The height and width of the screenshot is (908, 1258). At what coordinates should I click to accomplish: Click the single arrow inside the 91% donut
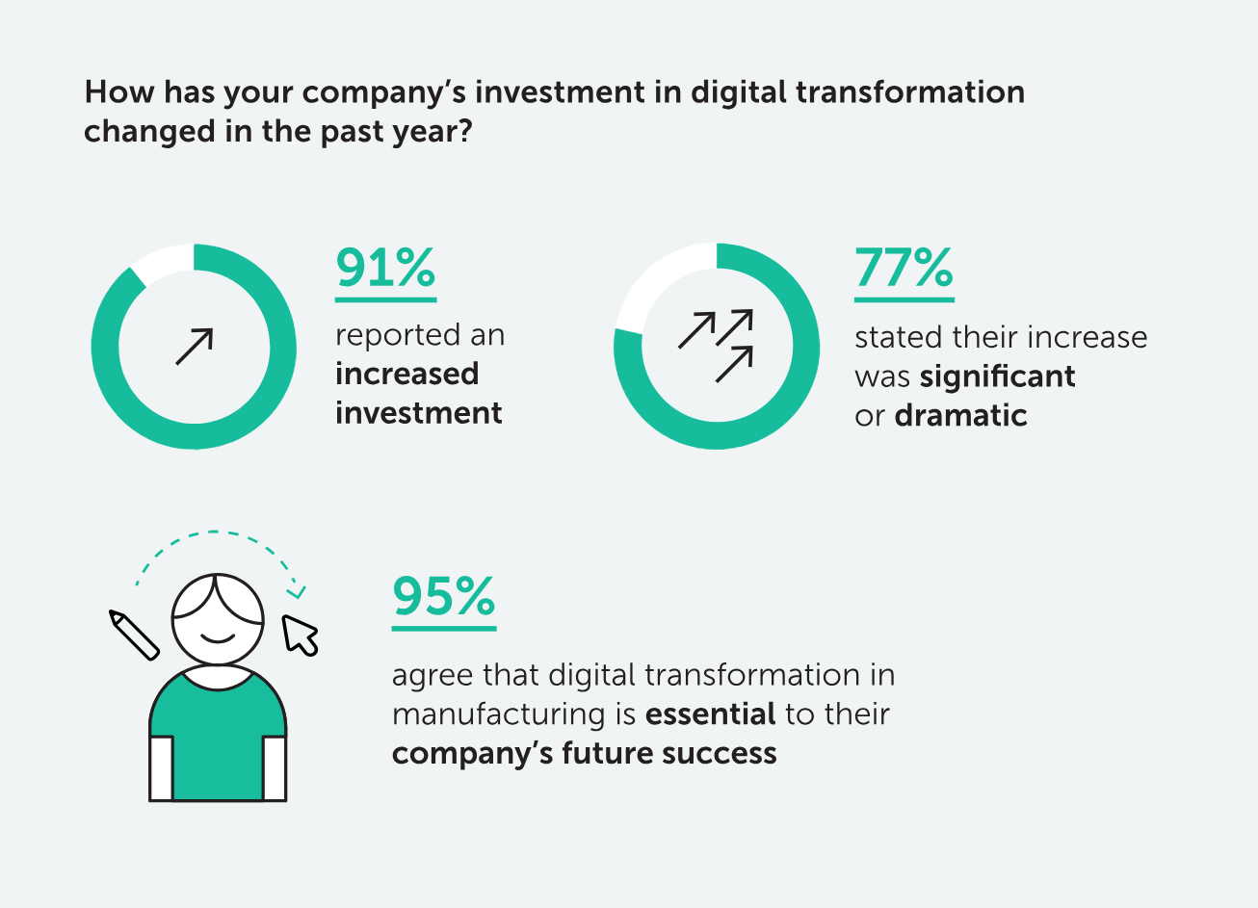click(195, 347)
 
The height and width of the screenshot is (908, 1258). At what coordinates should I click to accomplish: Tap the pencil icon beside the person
click(134, 636)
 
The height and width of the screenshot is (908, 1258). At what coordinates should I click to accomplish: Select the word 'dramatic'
click(961, 416)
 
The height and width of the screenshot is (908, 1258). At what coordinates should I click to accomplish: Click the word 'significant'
click(997, 376)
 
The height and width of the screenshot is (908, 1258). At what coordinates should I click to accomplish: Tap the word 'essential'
click(711, 714)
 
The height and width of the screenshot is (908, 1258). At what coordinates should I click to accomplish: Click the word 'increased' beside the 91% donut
click(407, 374)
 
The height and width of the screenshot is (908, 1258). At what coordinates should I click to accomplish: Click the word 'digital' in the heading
click(738, 92)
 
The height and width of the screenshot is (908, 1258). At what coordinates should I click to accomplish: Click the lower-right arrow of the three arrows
click(734, 364)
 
